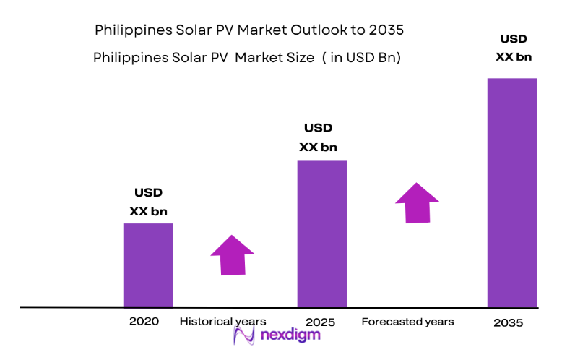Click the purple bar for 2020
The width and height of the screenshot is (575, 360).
[x=148, y=265]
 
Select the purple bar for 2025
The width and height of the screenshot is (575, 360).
[x=322, y=233]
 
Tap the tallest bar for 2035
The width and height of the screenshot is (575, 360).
[x=511, y=192]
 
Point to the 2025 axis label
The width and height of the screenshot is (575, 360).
[x=321, y=322]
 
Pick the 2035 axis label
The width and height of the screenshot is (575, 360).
[x=509, y=323]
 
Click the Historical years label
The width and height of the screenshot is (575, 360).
[x=223, y=321]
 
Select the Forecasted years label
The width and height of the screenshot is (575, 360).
[x=407, y=321]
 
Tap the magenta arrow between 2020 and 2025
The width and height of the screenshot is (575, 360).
[x=233, y=254]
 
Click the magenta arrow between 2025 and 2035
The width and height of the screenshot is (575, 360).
[x=417, y=202]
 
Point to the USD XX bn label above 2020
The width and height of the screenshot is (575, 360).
[x=148, y=202]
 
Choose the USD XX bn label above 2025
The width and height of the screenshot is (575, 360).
[x=318, y=137]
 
